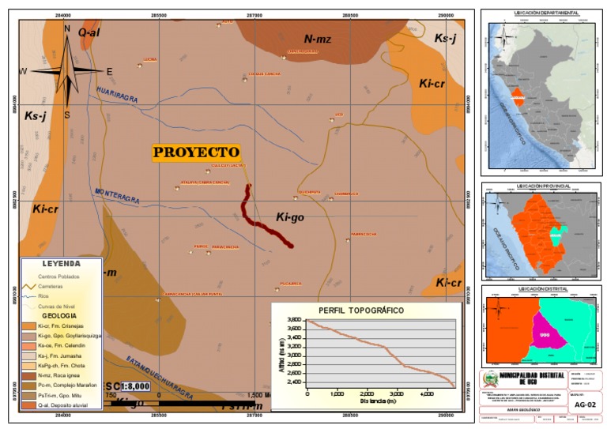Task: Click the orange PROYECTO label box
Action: (x=196, y=152)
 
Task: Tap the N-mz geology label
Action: (x=319, y=38)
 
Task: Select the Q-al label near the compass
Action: (x=88, y=32)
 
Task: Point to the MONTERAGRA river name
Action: (x=117, y=194)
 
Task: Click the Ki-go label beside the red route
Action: (x=291, y=216)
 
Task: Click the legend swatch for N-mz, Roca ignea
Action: (x=29, y=376)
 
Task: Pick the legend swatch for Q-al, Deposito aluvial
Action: (x=29, y=405)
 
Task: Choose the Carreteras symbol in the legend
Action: (x=29, y=287)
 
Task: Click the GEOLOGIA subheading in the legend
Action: (x=62, y=314)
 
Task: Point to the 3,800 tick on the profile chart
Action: (x=292, y=319)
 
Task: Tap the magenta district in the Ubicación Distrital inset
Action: (x=545, y=333)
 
